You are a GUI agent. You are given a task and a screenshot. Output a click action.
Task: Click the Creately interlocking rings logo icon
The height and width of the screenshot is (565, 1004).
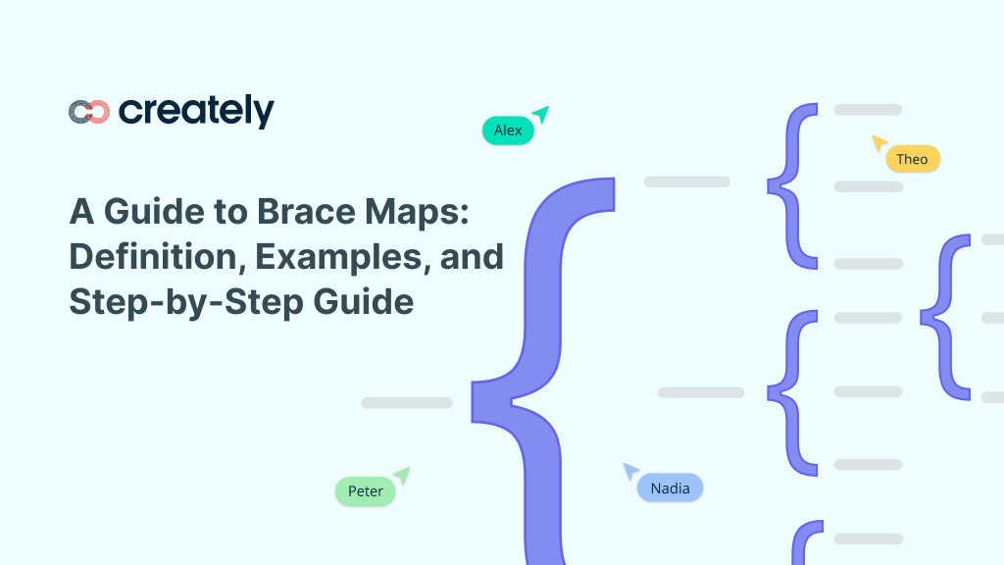point(88,112)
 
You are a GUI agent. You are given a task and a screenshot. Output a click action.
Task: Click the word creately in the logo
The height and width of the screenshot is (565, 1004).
point(196,111)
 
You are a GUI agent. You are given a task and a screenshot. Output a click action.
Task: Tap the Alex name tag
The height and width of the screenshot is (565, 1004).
point(508,130)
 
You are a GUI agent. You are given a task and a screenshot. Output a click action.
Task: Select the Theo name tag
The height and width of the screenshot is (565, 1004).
point(912,159)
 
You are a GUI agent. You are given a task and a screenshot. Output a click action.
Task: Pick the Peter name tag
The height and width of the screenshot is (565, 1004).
point(365,490)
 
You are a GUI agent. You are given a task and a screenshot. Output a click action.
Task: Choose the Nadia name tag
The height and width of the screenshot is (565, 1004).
point(670,488)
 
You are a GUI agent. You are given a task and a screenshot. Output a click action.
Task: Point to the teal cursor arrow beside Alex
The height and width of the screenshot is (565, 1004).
point(539,115)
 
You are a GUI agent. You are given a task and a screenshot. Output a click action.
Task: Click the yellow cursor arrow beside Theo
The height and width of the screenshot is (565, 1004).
point(879,143)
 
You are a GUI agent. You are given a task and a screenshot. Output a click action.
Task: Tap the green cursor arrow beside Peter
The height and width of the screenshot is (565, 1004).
point(400,476)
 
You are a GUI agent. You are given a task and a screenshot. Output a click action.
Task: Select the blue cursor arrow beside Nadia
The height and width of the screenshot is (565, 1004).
point(631,472)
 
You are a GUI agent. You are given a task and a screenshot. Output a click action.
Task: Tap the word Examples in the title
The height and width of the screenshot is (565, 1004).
point(327,257)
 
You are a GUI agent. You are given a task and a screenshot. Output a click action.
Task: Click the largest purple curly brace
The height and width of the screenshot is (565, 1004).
point(544,383)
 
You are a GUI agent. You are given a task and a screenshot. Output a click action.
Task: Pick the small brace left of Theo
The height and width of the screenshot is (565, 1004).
point(792,186)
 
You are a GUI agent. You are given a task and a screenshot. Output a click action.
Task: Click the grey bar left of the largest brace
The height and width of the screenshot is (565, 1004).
point(407,402)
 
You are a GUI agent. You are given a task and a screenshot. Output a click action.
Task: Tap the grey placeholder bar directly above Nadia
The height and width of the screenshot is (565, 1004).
point(701,392)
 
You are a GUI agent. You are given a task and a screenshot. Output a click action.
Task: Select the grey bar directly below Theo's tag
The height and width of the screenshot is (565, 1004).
point(869,186)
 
